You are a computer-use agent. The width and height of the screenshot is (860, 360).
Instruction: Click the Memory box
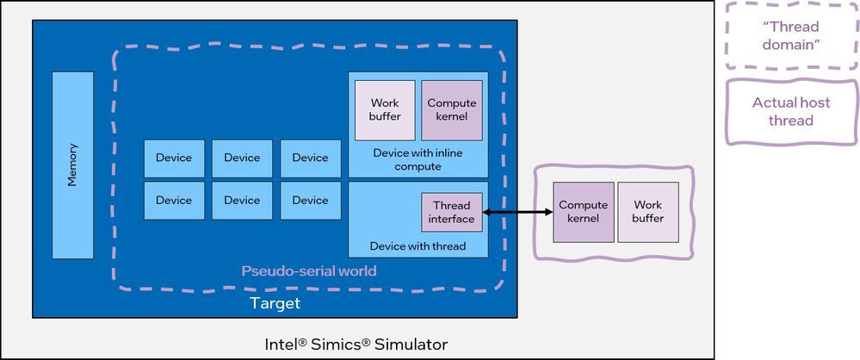coord(72,164)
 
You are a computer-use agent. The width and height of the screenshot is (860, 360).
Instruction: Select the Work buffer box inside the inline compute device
coord(385,110)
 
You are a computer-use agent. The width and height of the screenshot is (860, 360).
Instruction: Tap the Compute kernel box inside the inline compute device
coord(452,110)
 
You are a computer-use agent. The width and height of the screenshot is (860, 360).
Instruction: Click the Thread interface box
coord(452,212)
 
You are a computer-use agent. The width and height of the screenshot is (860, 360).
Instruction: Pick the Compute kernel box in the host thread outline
coord(583,212)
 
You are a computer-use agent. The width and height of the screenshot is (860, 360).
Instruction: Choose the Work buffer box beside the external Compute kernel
coord(647,212)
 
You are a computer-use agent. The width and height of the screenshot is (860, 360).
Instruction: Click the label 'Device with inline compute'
coord(418,159)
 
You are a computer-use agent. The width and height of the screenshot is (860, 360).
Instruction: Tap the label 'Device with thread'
coord(418,246)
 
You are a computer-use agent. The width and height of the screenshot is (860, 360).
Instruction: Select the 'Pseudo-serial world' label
coord(309,271)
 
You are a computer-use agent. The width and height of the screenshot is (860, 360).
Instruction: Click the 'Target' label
coord(275,303)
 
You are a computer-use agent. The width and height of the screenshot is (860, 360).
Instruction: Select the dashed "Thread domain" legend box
coord(790,35)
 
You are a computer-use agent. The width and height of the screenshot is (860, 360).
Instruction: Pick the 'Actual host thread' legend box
coord(790,112)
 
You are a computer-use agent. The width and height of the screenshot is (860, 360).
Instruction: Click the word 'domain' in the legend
coord(791,44)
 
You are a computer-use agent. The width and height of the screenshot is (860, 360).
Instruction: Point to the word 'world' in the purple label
coord(356,271)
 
